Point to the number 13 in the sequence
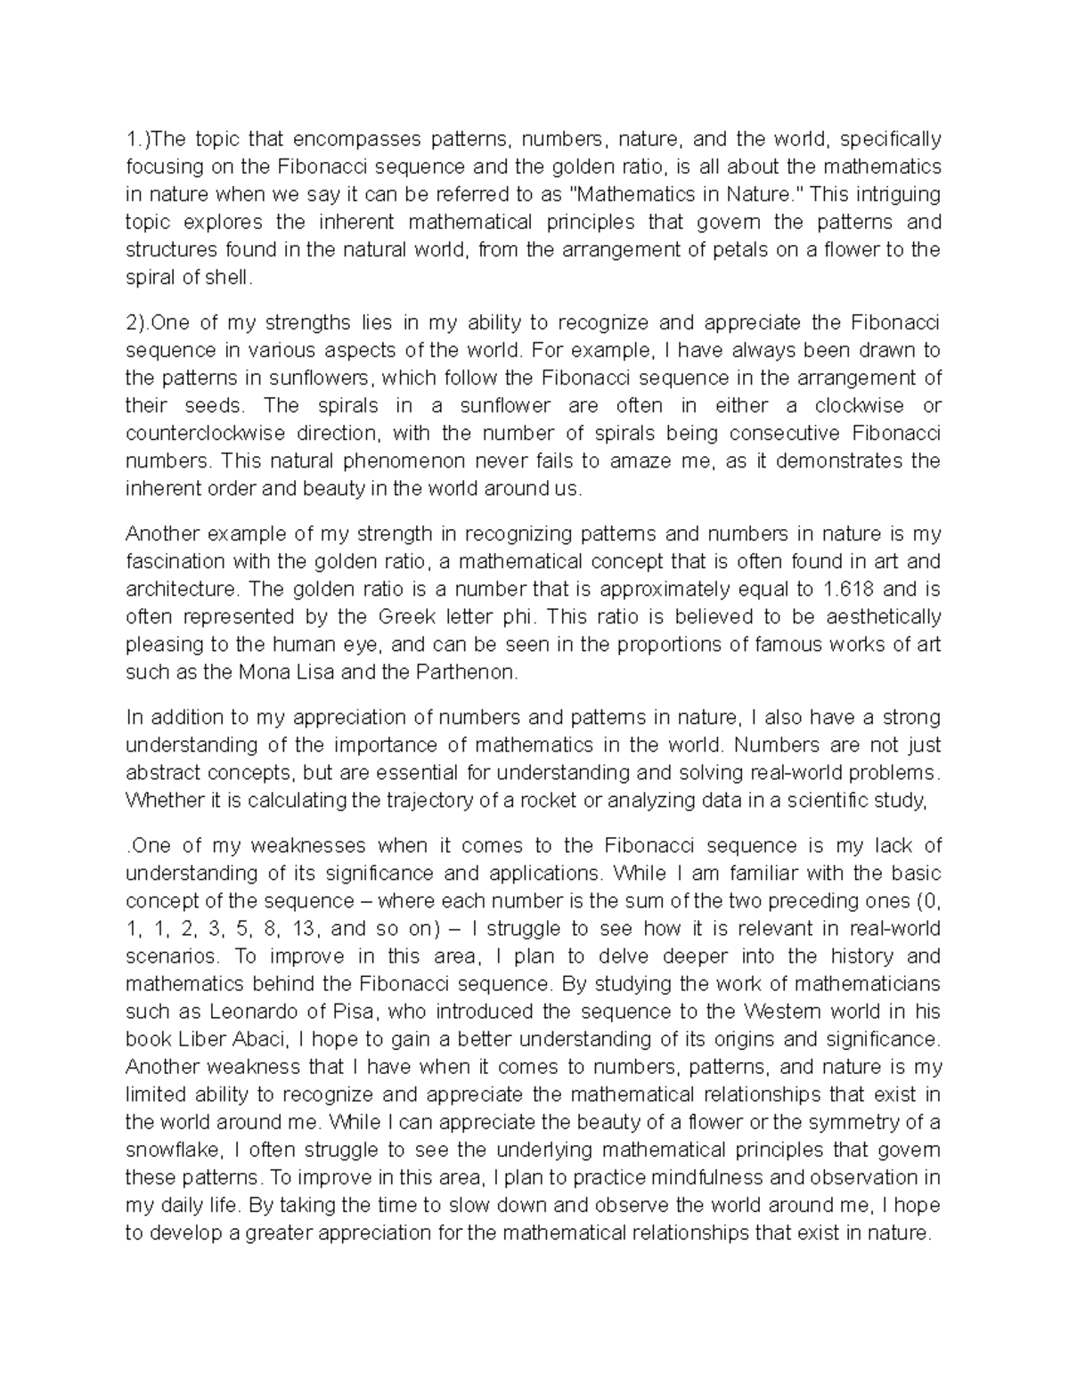coord(304,928)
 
